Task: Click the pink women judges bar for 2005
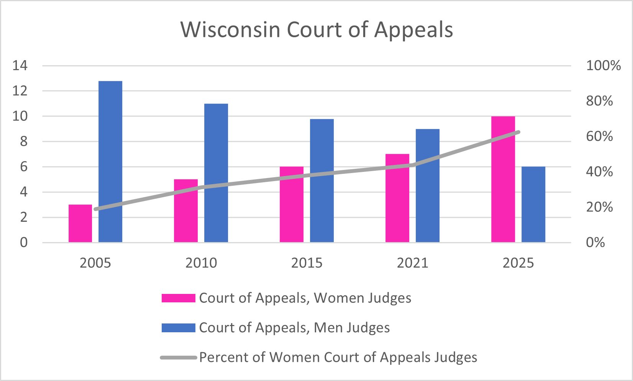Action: tap(80, 223)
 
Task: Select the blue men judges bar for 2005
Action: tap(110, 162)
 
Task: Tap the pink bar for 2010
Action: tap(186, 211)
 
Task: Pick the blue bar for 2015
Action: tap(322, 180)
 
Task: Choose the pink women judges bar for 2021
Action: tap(397, 198)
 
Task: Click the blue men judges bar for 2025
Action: tap(533, 204)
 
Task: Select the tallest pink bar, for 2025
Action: tap(503, 179)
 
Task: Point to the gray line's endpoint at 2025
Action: tap(518, 132)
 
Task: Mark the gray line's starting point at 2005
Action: tap(95, 209)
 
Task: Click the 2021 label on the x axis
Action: tap(412, 263)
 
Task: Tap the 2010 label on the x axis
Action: tap(201, 263)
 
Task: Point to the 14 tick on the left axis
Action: tap(20, 66)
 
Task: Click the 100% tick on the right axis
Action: tap(603, 66)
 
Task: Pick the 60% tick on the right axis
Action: tap(599, 137)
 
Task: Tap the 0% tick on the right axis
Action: tap(595, 242)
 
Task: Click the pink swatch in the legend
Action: tap(178, 298)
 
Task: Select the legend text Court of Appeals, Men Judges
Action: tap(294, 328)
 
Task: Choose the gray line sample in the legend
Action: tap(178, 358)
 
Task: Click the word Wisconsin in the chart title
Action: tap(230, 30)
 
